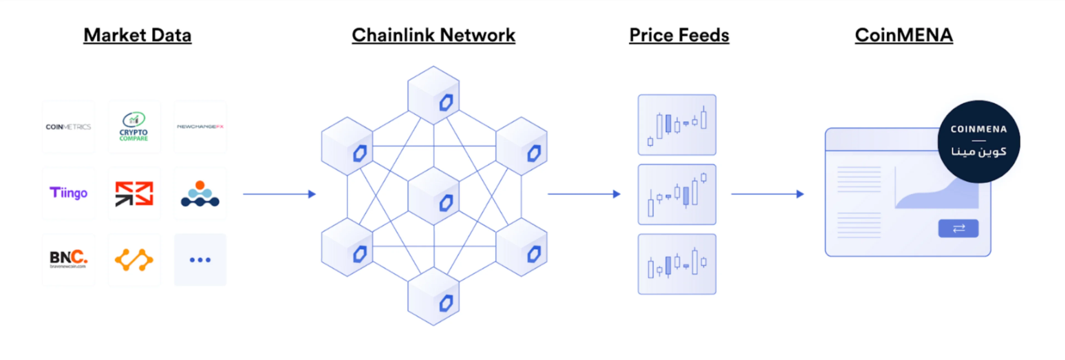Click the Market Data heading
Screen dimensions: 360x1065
[137, 35]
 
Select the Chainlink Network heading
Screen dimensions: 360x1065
[433, 35]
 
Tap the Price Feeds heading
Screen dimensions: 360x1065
[679, 35]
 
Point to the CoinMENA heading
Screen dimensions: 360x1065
[904, 35]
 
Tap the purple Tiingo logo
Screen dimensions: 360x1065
[68, 193]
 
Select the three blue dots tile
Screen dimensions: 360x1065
[200, 260]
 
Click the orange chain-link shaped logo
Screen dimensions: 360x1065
[134, 260]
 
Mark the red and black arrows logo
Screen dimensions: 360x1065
[134, 193]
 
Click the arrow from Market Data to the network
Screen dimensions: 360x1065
[279, 194]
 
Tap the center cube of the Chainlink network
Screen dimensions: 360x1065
[433, 196]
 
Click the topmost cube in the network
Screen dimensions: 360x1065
[433, 95]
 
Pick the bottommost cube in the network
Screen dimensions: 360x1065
[433, 296]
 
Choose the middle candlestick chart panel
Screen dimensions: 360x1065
[677, 194]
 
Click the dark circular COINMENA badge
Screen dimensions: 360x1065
[978, 141]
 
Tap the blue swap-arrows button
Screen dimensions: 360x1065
[958, 228]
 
